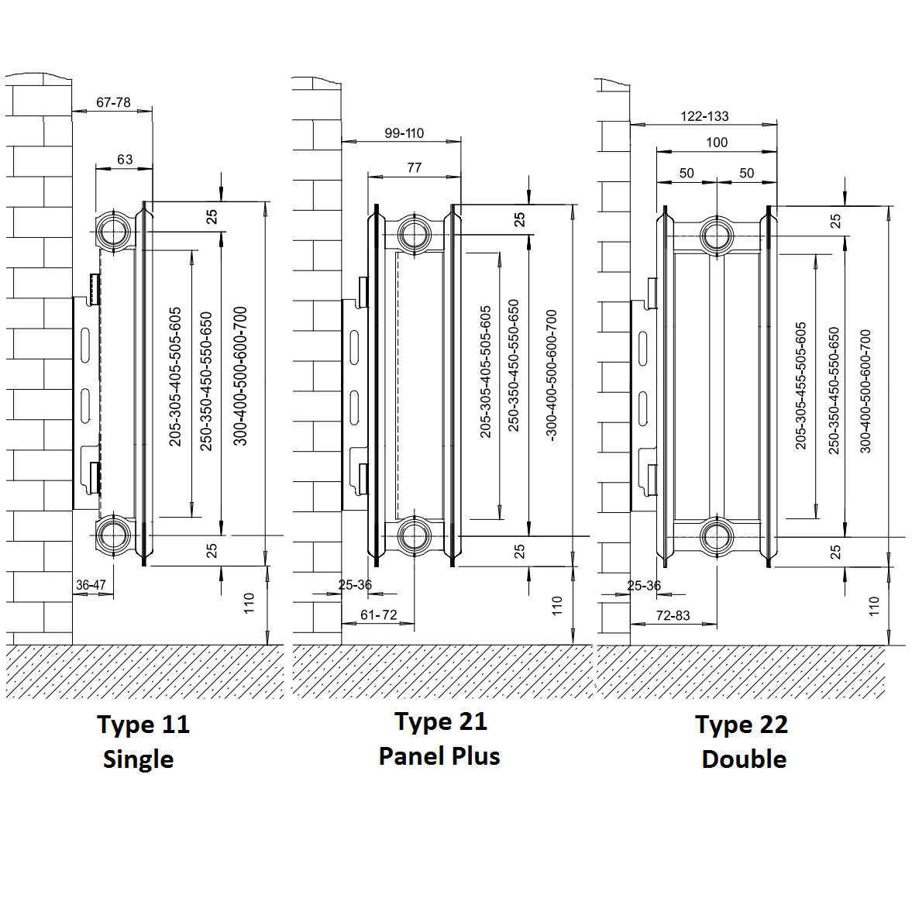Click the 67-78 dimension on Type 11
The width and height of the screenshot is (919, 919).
coord(113,102)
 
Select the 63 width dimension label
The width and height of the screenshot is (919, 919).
coord(125,160)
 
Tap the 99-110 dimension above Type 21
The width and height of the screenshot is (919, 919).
coord(404,133)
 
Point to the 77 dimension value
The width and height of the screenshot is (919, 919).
coord(414,167)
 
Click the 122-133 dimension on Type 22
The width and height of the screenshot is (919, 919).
coord(704,116)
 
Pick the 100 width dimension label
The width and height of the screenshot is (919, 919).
coord(717,142)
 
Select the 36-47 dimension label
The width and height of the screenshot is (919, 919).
coord(91,585)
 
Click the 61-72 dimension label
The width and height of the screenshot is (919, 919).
coord(378,614)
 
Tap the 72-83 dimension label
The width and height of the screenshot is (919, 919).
coord(673,615)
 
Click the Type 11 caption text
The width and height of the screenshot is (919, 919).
coord(143,725)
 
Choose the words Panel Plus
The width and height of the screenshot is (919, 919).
coord(439,756)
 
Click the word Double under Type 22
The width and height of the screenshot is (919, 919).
coord(744,759)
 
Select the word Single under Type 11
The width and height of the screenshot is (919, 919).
coord(138,759)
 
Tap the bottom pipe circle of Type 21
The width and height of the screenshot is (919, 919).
coord(415,535)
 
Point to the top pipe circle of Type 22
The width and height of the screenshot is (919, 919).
coord(717,236)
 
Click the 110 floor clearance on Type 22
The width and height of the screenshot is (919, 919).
coord(874,605)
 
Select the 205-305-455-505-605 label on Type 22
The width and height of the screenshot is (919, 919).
coord(801,385)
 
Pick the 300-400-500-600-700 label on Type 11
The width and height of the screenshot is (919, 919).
coord(241,376)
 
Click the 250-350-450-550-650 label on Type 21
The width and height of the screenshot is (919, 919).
coord(514,366)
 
